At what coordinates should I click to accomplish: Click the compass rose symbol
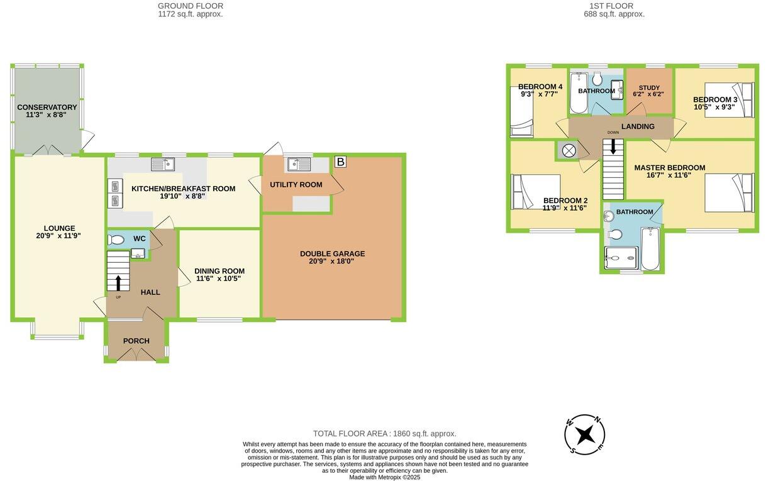pyautogui.click(x=585, y=434)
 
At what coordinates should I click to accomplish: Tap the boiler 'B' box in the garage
pyautogui.click(x=340, y=162)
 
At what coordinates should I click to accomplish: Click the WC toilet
pyautogui.click(x=116, y=240)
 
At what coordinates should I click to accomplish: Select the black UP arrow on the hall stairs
pyautogui.click(x=118, y=282)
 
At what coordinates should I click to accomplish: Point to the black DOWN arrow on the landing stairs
pyautogui.click(x=613, y=147)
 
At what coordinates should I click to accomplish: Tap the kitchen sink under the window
pyautogui.click(x=163, y=165)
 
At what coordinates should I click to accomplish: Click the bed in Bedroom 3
pyautogui.click(x=728, y=100)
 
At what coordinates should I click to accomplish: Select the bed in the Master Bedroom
pyautogui.click(x=728, y=192)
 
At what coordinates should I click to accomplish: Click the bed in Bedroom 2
pyautogui.click(x=536, y=192)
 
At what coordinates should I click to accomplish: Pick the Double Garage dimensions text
pyautogui.click(x=332, y=261)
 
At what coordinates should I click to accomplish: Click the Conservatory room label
pyautogui.click(x=47, y=108)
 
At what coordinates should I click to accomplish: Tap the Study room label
pyautogui.click(x=649, y=88)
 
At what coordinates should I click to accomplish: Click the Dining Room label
pyautogui.click(x=219, y=271)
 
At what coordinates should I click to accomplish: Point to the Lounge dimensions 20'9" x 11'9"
pyautogui.click(x=58, y=236)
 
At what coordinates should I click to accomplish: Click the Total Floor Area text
pyautogui.click(x=384, y=434)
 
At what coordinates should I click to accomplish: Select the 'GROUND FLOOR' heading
pyautogui.click(x=190, y=6)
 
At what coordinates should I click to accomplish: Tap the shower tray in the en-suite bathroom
pyautogui.click(x=621, y=258)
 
